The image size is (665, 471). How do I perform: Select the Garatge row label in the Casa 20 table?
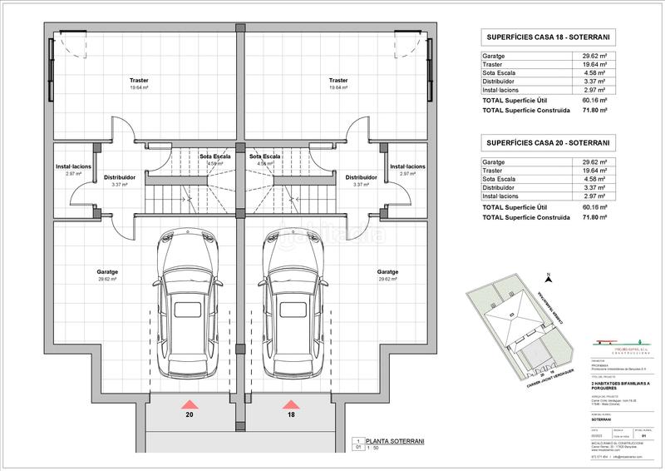click(494, 162)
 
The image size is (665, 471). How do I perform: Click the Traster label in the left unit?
click(139, 81)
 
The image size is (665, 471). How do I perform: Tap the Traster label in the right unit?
click(338, 81)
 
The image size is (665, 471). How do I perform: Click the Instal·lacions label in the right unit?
click(407, 166)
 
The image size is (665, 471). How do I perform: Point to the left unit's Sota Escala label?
click(214, 156)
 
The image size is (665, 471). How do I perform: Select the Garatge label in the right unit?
click(387, 272)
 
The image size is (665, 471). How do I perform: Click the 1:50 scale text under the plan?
click(376, 448)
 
